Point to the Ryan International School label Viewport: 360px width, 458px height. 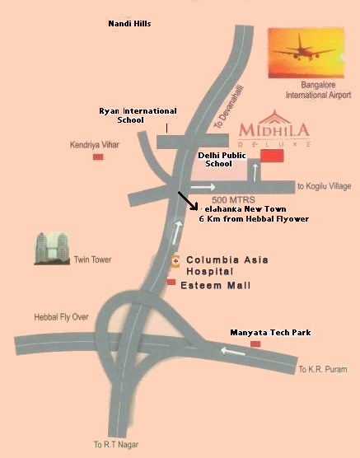pos(138,114)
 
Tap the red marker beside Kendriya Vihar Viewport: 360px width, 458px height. pos(98,156)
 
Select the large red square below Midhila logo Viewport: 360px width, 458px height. pos(271,156)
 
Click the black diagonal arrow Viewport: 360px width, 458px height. pos(188,201)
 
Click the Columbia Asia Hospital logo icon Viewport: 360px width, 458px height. pos(175,261)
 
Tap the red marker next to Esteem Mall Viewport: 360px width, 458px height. pos(171,282)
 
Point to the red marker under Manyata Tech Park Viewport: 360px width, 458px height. pos(255,343)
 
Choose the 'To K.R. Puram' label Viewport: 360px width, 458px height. pos(320,368)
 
